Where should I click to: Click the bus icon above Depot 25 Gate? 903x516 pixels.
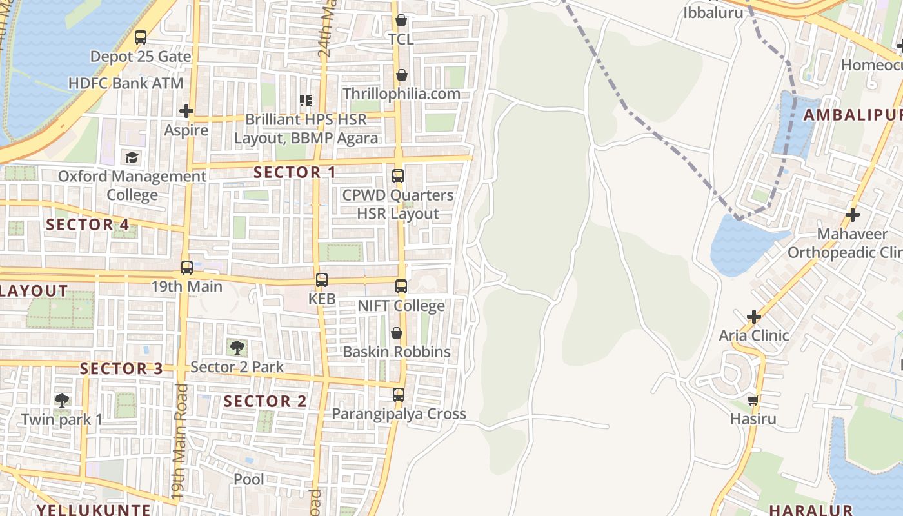click(x=141, y=37)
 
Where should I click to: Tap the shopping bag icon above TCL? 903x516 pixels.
click(x=401, y=21)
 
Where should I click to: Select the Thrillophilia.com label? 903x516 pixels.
click(x=401, y=94)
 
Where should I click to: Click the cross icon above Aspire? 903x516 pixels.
click(x=186, y=111)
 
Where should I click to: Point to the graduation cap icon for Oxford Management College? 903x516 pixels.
click(x=132, y=157)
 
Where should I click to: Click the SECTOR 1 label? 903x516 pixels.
click(x=295, y=172)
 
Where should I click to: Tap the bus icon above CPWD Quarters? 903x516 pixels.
click(x=398, y=175)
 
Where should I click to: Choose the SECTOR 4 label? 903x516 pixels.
click(x=88, y=224)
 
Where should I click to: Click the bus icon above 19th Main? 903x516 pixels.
click(x=187, y=267)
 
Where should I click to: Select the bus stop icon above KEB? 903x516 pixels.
click(x=321, y=280)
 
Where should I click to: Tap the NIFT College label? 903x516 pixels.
click(x=401, y=305)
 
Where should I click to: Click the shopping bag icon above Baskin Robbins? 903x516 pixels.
click(x=397, y=333)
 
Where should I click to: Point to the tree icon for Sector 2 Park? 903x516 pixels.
click(x=237, y=348)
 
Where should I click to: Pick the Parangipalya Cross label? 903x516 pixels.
click(x=399, y=413)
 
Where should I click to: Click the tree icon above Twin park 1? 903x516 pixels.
click(x=62, y=401)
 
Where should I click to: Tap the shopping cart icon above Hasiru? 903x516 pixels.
click(x=753, y=400)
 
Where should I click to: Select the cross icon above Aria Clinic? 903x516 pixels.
click(x=753, y=317)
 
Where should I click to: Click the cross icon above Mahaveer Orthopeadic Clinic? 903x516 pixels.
click(x=853, y=214)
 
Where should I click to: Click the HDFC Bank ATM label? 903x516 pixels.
click(x=126, y=83)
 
